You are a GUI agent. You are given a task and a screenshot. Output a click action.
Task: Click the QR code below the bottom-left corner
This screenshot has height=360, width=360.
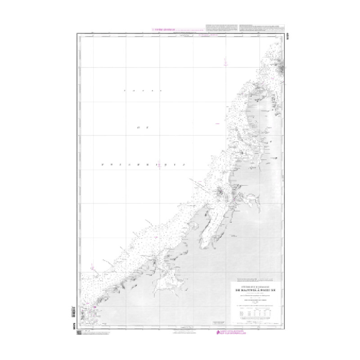(80, 333)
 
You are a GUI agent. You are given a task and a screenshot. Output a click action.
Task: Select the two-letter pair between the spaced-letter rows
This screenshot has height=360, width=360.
(142, 128)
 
